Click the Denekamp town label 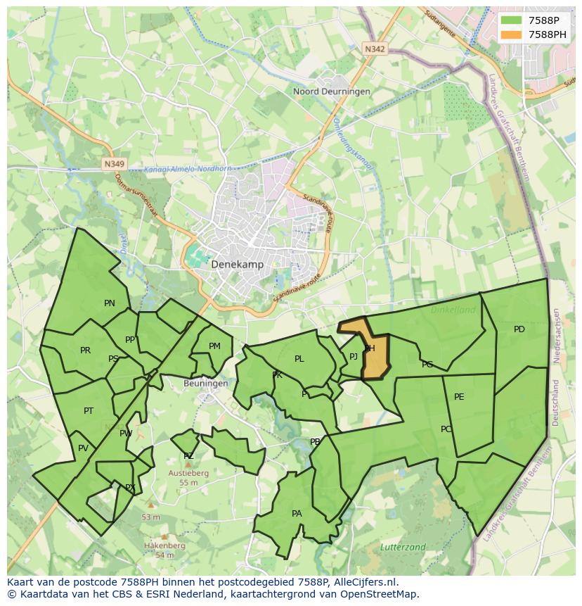pyautogui.click(x=237, y=265)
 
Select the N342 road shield pyautogui.click(x=375, y=49)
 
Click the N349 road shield pyautogui.click(x=113, y=164)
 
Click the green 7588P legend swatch pyautogui.click(x=512, y=20)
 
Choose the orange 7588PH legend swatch pyautogui.click(x=512, y=34)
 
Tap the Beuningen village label pyautogui.click(x=205, y=384)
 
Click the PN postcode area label pyautogui.click(x=110, y=303)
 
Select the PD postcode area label pyautogui.click(x=519, y=329)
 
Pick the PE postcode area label pyautogui.click(x=459, y=397)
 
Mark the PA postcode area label pyautogui.click(x=297, y=514)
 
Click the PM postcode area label pyautogui.click(x=214, y=346)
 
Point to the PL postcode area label pyautogui.click(x=299, y=359)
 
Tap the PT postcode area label pyautogui.click(x=89, y=411)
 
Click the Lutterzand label pyautogui.click(x=402, y=547)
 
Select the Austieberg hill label pyautogui.click(x=188, y=474)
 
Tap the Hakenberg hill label pyautogui.click(x=164, y=545)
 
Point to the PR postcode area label pyautogui.click(x=85, y=351)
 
